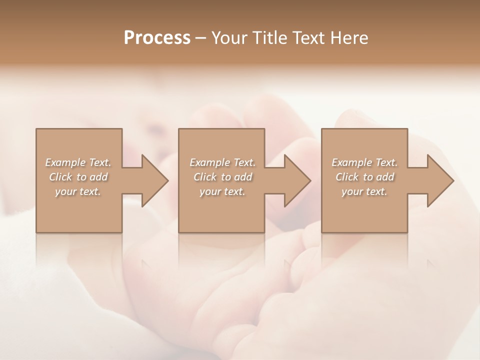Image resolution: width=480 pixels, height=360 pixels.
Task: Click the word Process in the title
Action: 157,38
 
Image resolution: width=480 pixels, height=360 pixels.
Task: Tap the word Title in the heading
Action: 269,38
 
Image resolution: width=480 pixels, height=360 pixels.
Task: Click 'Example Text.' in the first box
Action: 78,162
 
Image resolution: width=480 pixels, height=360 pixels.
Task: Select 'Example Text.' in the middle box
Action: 222,162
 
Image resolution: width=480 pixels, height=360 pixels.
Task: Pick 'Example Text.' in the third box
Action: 364,162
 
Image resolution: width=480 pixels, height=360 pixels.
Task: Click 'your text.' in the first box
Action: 78,191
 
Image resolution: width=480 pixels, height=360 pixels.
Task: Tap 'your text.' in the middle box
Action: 222,191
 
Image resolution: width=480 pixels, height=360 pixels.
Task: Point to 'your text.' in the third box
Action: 364,191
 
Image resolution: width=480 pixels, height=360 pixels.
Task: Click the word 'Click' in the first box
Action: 60,177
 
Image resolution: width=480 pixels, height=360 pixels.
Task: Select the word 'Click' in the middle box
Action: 205,177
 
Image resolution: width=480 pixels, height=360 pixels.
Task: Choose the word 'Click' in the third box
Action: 347,177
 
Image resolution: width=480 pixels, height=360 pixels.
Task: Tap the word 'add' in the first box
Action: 99,177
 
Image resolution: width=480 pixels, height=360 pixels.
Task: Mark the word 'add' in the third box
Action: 385,177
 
